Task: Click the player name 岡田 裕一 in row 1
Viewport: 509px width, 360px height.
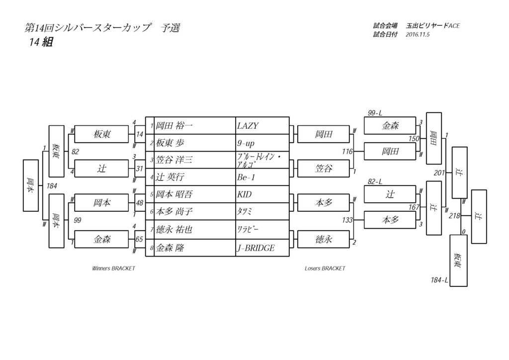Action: pyautogui.click(x=173, y=126)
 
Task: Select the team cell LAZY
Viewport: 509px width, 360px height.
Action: pyautogui.click(x=249, y=126)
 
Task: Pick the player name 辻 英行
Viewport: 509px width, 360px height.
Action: pyautogui.click(x=172, y=178)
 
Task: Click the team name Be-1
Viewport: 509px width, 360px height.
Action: pyautogui.click(x=246, y=178)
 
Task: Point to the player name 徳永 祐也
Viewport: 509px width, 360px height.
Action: pyautogui.click(x=174, y=230)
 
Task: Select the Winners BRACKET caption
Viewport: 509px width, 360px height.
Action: pyautogui.click(x=113, y=269)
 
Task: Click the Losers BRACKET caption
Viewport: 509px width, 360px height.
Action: pyautogui.click(x=325, y=269)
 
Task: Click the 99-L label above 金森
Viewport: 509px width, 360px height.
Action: pyautogui.click(x=375, y=114)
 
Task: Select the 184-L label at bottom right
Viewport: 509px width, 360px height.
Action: pyautogui.click(x=439, y=280)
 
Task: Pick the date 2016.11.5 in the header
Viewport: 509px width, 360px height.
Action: pyautogui.click(x=418, y=35)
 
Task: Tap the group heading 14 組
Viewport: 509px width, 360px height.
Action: pyautogui.click(x=41, y=43)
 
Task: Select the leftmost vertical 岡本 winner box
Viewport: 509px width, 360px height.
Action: pyautogui.click(x=30, y=185)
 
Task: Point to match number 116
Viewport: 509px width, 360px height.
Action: pyautogui.click(x=347, y=151)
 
